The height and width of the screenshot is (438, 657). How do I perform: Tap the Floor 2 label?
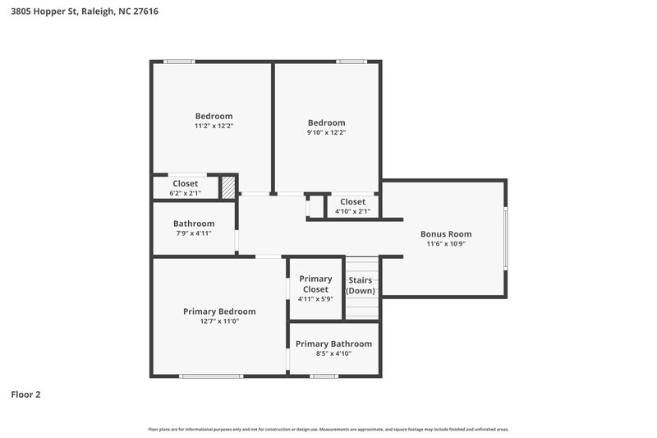tap(25, 394)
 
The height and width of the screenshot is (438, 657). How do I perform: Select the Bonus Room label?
tap(446, 233)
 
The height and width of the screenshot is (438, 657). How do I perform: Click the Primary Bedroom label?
tap(219, 311)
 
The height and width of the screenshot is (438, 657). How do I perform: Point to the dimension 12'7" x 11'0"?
tap(219, 322)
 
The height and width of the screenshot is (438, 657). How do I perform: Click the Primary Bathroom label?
tap(333, 343)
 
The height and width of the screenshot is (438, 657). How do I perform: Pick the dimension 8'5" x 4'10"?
tap(333, 353)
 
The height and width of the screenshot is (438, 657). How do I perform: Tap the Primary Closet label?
tap(315, 284)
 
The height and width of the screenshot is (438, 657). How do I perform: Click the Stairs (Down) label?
tap(361, 285)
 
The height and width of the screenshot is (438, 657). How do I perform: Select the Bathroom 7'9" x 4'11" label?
tap(194, 228)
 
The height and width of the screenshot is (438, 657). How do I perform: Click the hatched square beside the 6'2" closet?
tap(227, 187)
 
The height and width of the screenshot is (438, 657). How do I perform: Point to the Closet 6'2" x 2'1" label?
tap(185, 187)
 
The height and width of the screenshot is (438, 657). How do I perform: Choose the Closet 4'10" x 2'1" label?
tap(352, 205)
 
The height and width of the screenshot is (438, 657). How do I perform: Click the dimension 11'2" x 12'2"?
tap(214, 127)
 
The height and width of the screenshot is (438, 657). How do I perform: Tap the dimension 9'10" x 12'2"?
tap(326, 132)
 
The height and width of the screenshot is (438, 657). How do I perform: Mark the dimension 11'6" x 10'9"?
tap(446, 244)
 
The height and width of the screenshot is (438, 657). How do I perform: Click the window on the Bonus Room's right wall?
tap(506, 237)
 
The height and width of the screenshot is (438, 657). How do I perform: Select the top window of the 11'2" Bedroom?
tap(179, 61)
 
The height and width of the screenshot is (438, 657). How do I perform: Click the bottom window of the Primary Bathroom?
tap(324, 376)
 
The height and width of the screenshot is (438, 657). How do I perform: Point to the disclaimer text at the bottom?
tap(328, 429)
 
